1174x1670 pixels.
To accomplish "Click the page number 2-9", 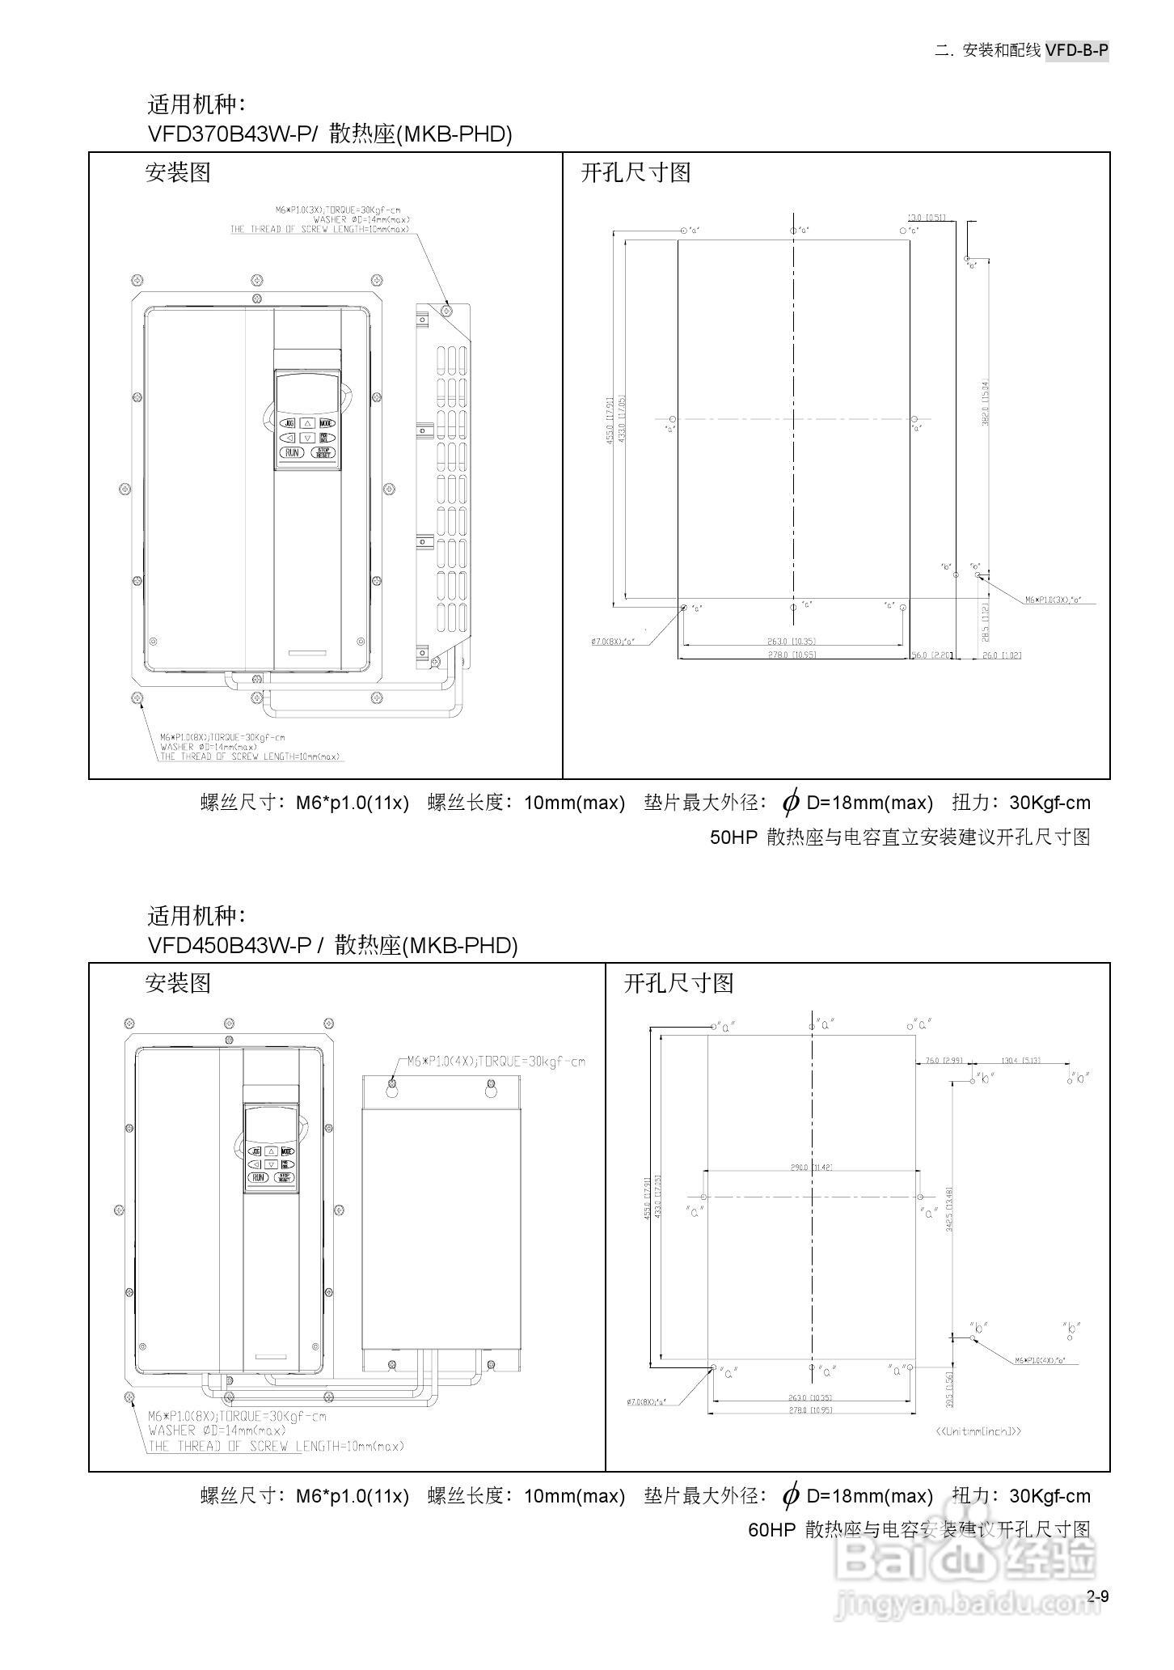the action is pos(1097,1596).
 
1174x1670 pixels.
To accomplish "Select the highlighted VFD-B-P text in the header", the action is pos(1076,50).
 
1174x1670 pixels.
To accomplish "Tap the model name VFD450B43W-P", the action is pos(230,945).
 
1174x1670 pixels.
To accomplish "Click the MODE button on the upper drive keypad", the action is pos(326,423).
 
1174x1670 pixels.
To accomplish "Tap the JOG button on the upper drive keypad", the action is pos(289,423).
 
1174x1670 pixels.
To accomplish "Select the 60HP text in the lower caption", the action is pos(772,1530).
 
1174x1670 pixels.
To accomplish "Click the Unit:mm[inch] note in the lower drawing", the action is pos(978,1431).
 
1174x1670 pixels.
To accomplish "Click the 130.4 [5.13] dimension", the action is pos(1020,1060).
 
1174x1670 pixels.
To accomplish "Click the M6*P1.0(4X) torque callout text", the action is pos(495,1062).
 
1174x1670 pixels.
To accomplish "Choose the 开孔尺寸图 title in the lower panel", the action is pos(678,983).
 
